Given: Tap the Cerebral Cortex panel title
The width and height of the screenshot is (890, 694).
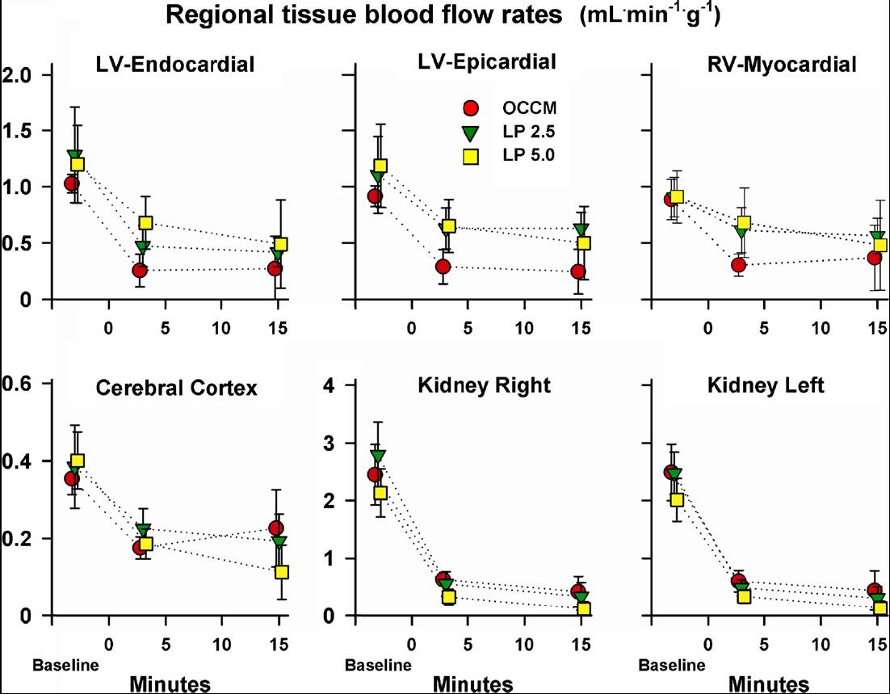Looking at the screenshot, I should pos(176,388).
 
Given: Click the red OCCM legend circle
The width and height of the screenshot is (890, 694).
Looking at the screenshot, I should pos(473,107).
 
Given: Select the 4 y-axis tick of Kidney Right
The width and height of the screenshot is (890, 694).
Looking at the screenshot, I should pos(326,384).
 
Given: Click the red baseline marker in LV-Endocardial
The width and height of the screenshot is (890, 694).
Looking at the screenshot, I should pos(72,184).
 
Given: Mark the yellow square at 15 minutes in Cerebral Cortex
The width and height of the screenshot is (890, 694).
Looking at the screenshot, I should pos(282,572).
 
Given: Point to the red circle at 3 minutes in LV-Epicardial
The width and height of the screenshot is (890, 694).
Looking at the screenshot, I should pos(443,267).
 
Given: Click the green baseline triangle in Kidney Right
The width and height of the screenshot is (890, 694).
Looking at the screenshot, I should pos(378,456).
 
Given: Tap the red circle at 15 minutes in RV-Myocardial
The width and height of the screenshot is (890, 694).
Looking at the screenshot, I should pos(874,258).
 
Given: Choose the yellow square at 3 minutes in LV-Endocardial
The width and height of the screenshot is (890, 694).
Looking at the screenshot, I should pos(145,223).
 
